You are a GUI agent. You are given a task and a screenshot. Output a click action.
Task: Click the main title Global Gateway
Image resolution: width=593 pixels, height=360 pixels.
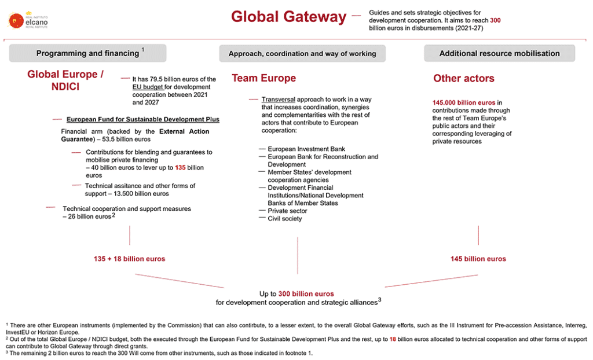pyautogui.click(x=288, y=17)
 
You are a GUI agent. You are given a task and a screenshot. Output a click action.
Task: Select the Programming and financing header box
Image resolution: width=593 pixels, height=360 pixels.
pyautogui.click(x=87, y=53)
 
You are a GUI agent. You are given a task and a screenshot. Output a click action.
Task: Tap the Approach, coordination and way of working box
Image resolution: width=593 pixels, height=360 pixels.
pyautogui.click(x=302, y=53)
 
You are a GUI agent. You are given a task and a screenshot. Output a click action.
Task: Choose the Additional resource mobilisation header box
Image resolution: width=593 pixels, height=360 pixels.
pyautogui.click(x=499, y=53)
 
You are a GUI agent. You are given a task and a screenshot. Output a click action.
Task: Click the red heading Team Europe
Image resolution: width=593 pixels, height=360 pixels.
pyautogui.click(x=263, y=78)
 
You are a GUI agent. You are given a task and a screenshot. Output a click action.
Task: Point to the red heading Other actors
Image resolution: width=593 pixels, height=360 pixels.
pyautogui.click(x=463, y=78)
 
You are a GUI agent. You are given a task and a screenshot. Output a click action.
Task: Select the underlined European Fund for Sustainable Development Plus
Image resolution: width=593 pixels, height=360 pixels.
pyautogui.click(x=143, y=119)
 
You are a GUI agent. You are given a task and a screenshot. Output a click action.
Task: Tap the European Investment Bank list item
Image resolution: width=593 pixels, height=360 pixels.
pyautogui.click(x=306, y=149)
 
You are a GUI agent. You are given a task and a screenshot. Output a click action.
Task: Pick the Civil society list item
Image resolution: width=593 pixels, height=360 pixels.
pyautogui.click(x=284, y=219)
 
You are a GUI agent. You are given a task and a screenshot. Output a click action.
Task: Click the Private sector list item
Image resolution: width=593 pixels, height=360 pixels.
pyautogui.click(x=287, y=211)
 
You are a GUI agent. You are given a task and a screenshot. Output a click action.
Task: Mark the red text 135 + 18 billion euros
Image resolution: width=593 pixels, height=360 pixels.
pyautogui.click(x=129, y=259)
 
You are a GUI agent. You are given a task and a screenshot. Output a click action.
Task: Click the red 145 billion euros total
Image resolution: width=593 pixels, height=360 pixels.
pyautogui.click(x=478, y=259)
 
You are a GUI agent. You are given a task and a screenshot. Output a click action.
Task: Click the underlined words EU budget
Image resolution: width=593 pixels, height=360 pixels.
pyautogui.click(x=148, y=87)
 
